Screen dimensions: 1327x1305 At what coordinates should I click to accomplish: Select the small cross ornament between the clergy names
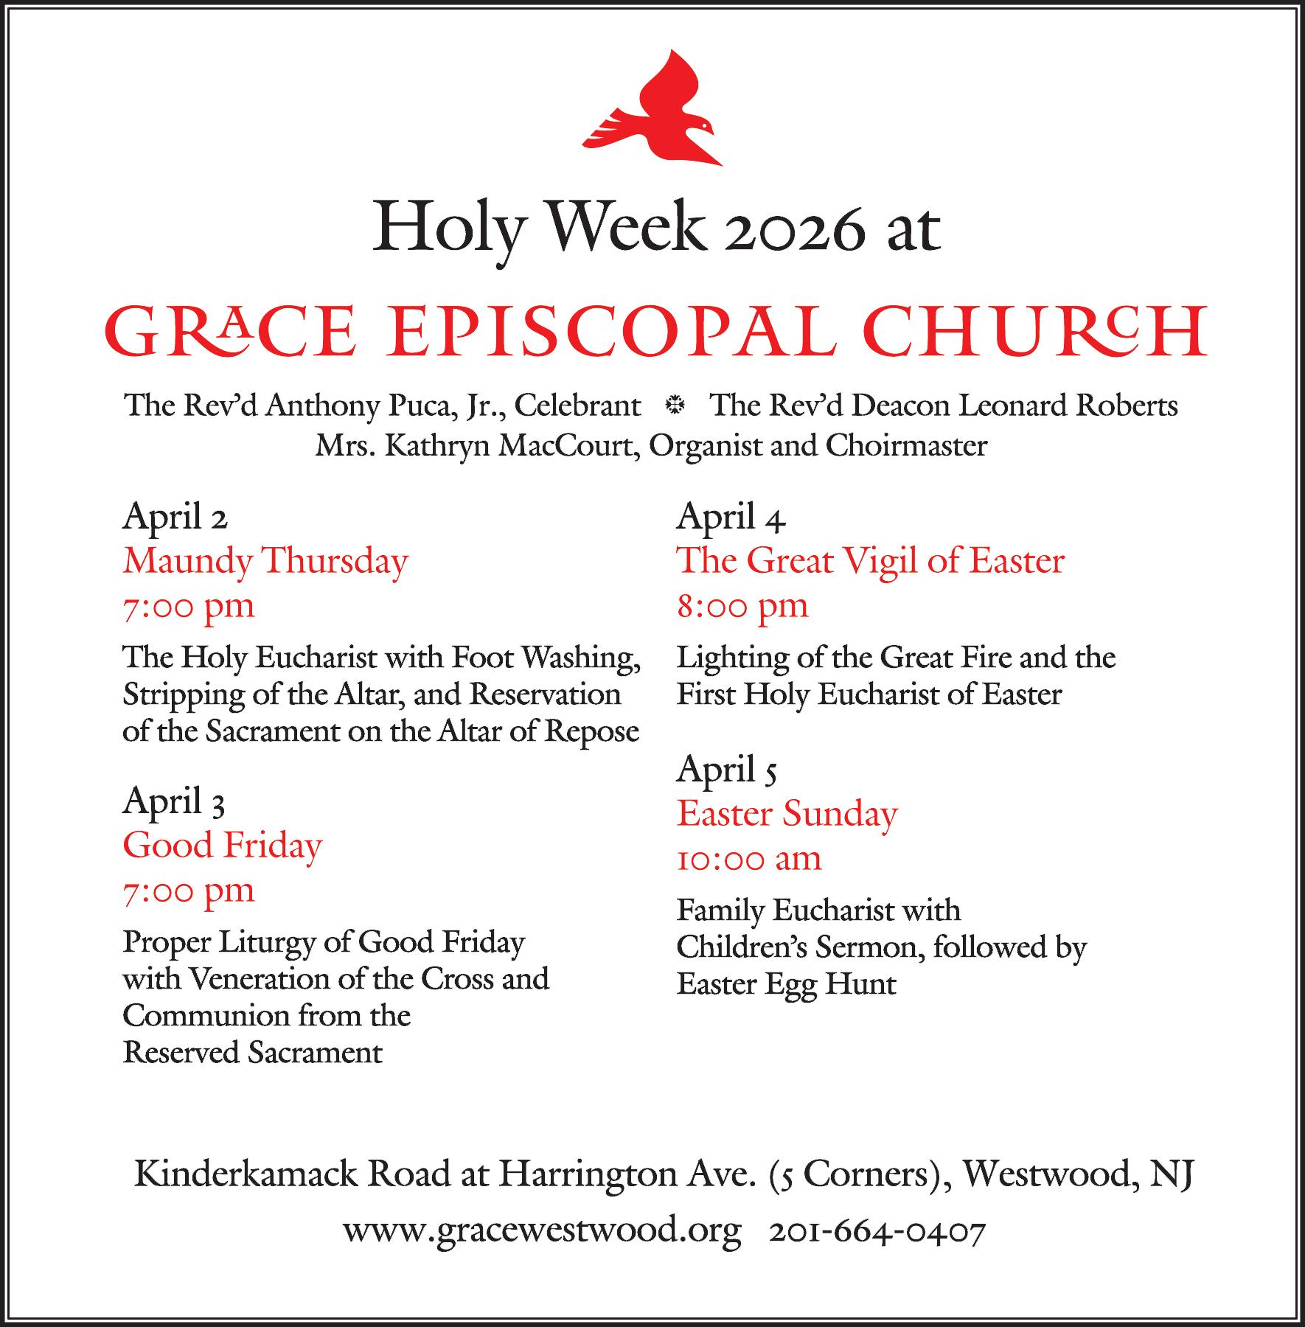[x=675, y=405]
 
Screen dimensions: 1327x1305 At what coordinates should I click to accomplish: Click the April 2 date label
[x=175, y=517]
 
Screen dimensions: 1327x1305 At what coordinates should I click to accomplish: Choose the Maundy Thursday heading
[x=265, y=561]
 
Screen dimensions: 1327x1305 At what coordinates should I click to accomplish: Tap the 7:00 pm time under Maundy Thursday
[x=189, y=606]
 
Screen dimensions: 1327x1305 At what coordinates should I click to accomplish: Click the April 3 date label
[x=173, y=801]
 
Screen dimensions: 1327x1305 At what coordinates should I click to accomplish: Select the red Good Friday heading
[x=223, y=846]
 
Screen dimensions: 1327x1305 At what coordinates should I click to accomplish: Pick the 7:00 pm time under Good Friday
[x=189, y=891]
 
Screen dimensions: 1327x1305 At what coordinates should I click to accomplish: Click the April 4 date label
[x=731, y=517]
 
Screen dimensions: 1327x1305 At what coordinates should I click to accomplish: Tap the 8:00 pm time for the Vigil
[x=742, y=606]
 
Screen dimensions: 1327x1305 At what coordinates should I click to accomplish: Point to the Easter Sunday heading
[x=787, y=814]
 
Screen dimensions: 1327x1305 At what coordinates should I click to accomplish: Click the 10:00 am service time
[x=749, y=859]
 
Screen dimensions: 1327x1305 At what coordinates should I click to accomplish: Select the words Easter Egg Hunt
[x=787, y=984]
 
